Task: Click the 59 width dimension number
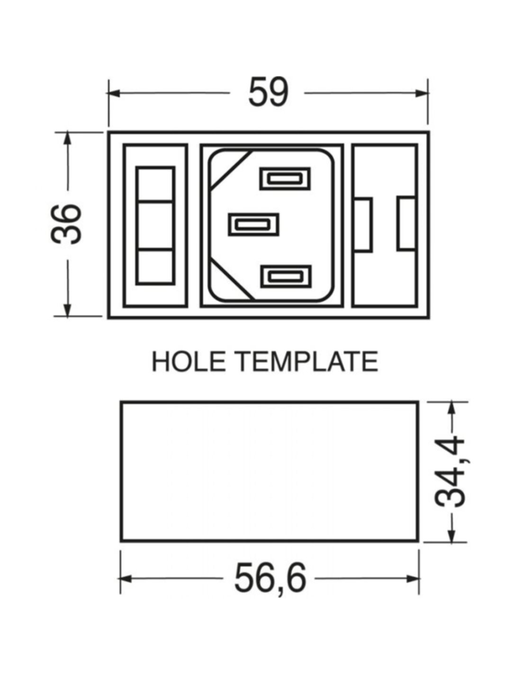tap(269, 92)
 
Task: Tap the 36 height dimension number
tap(66, 224)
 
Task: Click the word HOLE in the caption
tap(189, 361)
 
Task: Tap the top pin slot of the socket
tap(285, 178)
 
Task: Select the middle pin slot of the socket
tap(253, 224)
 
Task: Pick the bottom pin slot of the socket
tap(286, 276)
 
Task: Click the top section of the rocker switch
tap(154, 184)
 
